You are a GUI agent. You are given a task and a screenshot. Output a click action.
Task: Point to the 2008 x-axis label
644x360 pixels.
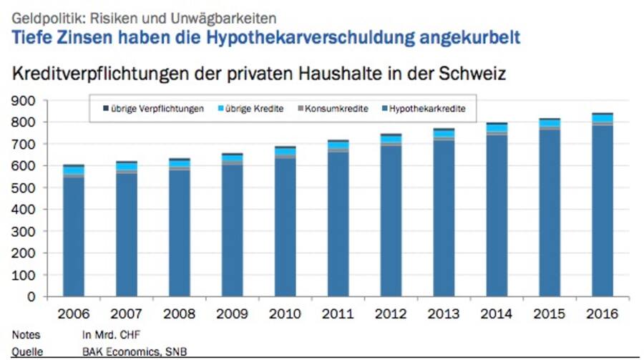(x=180, y=313)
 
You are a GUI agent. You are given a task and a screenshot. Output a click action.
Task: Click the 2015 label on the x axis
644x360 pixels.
(x=550, y=313)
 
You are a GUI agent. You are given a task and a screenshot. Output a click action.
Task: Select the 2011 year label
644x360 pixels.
(x=338, y=313)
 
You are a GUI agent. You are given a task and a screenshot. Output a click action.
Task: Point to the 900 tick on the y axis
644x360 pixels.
(x=24, y=101)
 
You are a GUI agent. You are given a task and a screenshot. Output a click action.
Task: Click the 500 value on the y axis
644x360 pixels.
(x=24, y=188)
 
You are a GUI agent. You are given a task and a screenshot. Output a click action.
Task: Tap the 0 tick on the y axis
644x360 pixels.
(x=32, y=296)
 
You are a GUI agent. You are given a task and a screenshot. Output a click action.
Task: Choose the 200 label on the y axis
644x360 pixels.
(x=24, y=253)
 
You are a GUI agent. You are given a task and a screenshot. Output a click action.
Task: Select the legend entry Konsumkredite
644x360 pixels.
(x=336, y=109)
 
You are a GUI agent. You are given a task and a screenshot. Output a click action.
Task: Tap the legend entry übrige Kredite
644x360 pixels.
(x=255, y=109)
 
